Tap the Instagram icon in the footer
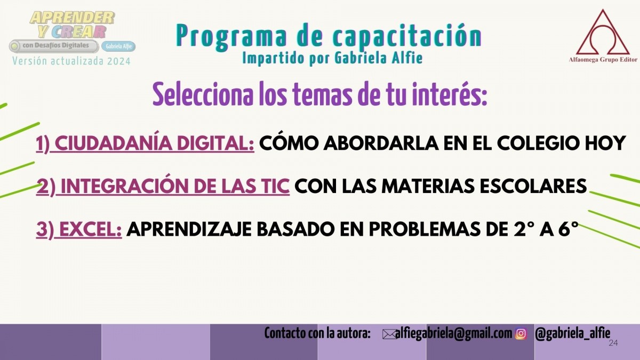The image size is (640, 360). click(521, 334)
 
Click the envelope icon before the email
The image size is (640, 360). click(390, 334)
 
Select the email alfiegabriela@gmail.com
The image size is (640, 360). click(454, 334)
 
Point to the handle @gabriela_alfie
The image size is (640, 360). click(573, 334)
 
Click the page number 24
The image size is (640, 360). click(613, 343)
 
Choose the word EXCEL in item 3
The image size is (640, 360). click(91, 229)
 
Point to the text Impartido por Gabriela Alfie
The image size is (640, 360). click(332, 58)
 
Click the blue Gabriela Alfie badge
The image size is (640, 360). click(118, 46)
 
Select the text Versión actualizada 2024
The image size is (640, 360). click(71, 61)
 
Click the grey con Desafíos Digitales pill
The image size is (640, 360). click(54, 46)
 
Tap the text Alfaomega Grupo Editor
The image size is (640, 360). click(603, 60)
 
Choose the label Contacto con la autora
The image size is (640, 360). click(317, 333)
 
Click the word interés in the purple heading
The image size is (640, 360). click(455, 94)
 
